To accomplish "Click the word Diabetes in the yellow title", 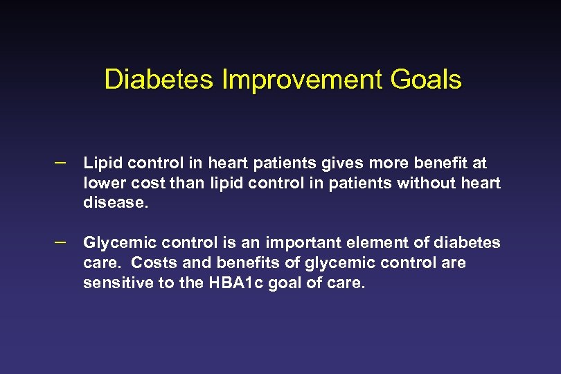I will point(159,80).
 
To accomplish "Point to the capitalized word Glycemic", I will point(114,243).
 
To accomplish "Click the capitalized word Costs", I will point(152,263).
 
